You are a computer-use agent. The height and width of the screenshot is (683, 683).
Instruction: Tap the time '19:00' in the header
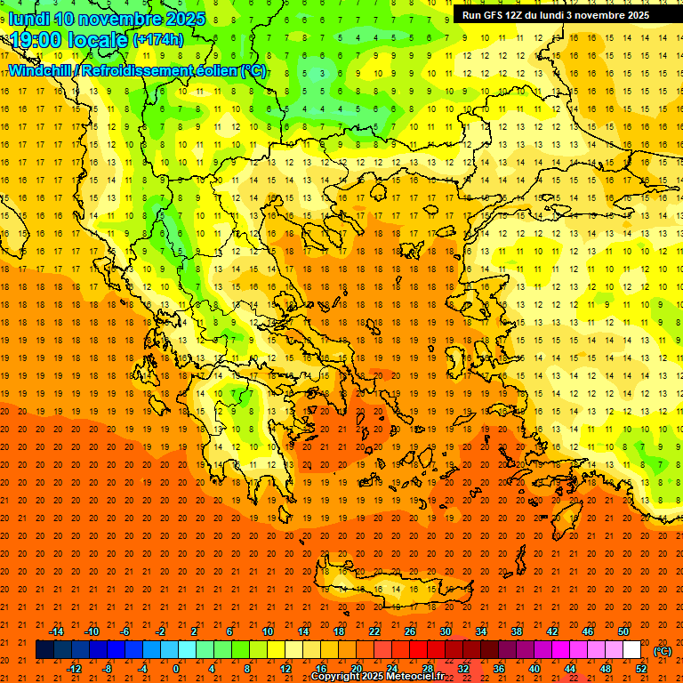pyautogui.click(x=38, y=40)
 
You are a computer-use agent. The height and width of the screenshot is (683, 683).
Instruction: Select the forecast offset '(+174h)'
pyautogui.click(x=158, y=40)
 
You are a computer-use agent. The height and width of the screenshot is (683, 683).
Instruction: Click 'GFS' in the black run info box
pyautogui.click(x=496, y=15)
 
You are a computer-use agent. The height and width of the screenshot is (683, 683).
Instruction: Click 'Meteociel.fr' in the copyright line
pyautogui.click(x=415, y=677)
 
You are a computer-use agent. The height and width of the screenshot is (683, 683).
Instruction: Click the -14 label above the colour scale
pyautogui.click(x=56, y=631)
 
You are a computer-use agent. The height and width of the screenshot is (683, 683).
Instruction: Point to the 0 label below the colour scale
pyautogui.click(x=176, y=669)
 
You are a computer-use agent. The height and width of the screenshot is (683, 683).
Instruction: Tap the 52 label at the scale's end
pyautogui.click(x=641, y=669)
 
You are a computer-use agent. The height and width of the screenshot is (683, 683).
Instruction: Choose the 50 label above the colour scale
pyautogui.click(x=623, y=631)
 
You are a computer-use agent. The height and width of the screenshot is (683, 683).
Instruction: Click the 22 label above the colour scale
pyautogui.click(x=374, y=631)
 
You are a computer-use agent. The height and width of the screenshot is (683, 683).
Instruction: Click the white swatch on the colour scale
pyautogui.click(x=631, y=650)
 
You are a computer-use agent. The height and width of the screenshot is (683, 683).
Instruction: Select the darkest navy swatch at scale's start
pyautogui.click(x=44, y=650)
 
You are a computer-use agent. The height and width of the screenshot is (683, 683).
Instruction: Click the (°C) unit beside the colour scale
pyautogui.click(x=663, y=650)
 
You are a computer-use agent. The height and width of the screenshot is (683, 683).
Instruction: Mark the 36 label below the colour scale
pyautogui.click(x=499, y=669)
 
